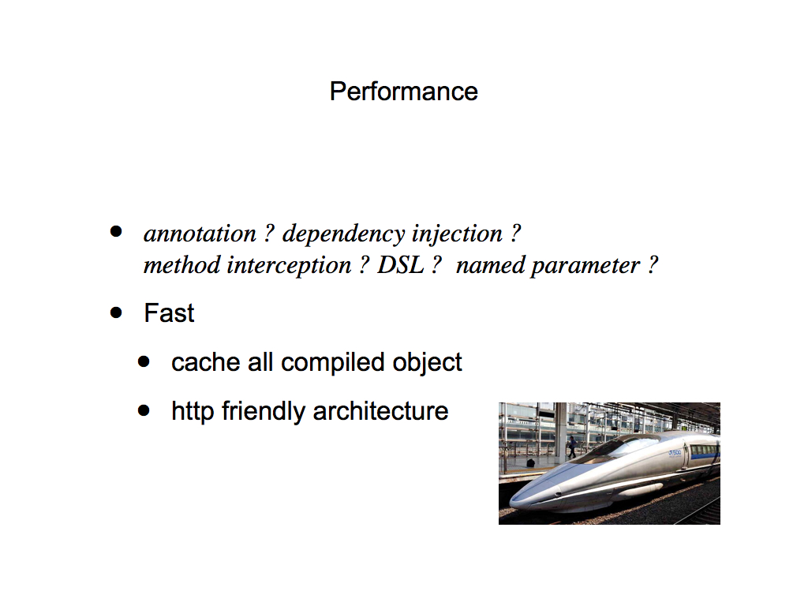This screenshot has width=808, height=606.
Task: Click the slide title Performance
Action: (x=403, y=92)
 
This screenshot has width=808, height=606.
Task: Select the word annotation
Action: (x=200, y=234)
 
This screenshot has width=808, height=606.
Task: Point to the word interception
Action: (x=289, y=266)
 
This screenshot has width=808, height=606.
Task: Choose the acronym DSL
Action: (x=400, y=265)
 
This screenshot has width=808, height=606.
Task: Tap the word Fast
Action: (x=169, y=312)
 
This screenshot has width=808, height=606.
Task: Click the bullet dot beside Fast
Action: (x=116, y=312)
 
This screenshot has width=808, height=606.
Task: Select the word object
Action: (x=427, y=363)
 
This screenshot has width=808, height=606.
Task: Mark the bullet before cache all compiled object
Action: (x=144, y=361)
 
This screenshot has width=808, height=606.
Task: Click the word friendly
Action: (x=264, y=412)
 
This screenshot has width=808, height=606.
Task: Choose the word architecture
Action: (x=381, y=411)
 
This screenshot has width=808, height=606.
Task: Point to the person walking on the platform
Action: (x=572, y=447)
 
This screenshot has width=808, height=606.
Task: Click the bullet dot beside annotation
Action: (x=116, y=231)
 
